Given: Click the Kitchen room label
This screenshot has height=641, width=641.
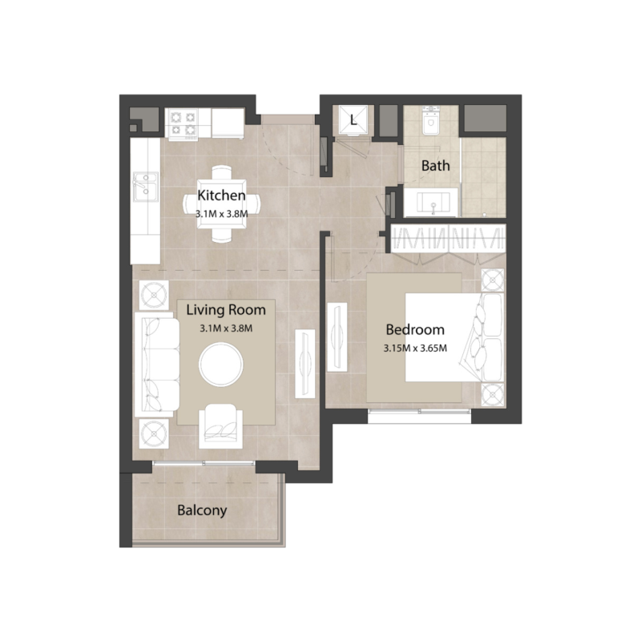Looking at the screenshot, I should coord(220,195).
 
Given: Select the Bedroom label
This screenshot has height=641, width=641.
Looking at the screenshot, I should coord(414,329).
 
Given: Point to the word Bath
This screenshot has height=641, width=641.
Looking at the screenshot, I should coord(436,166).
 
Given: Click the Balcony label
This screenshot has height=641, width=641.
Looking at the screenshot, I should coord(202,510).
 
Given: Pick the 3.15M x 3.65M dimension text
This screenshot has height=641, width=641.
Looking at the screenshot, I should coord(414,348).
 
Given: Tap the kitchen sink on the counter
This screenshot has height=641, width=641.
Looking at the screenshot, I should coord(145,188).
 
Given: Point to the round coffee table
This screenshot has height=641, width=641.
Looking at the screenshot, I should coord(220,365).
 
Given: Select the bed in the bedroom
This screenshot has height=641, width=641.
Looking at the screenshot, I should coord(454,337).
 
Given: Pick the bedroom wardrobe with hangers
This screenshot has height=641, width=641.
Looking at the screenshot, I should coord(447,238).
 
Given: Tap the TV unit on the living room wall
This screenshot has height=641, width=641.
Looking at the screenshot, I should coord(305,363).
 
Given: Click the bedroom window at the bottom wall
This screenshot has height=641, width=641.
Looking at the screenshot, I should coord(419,412).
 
